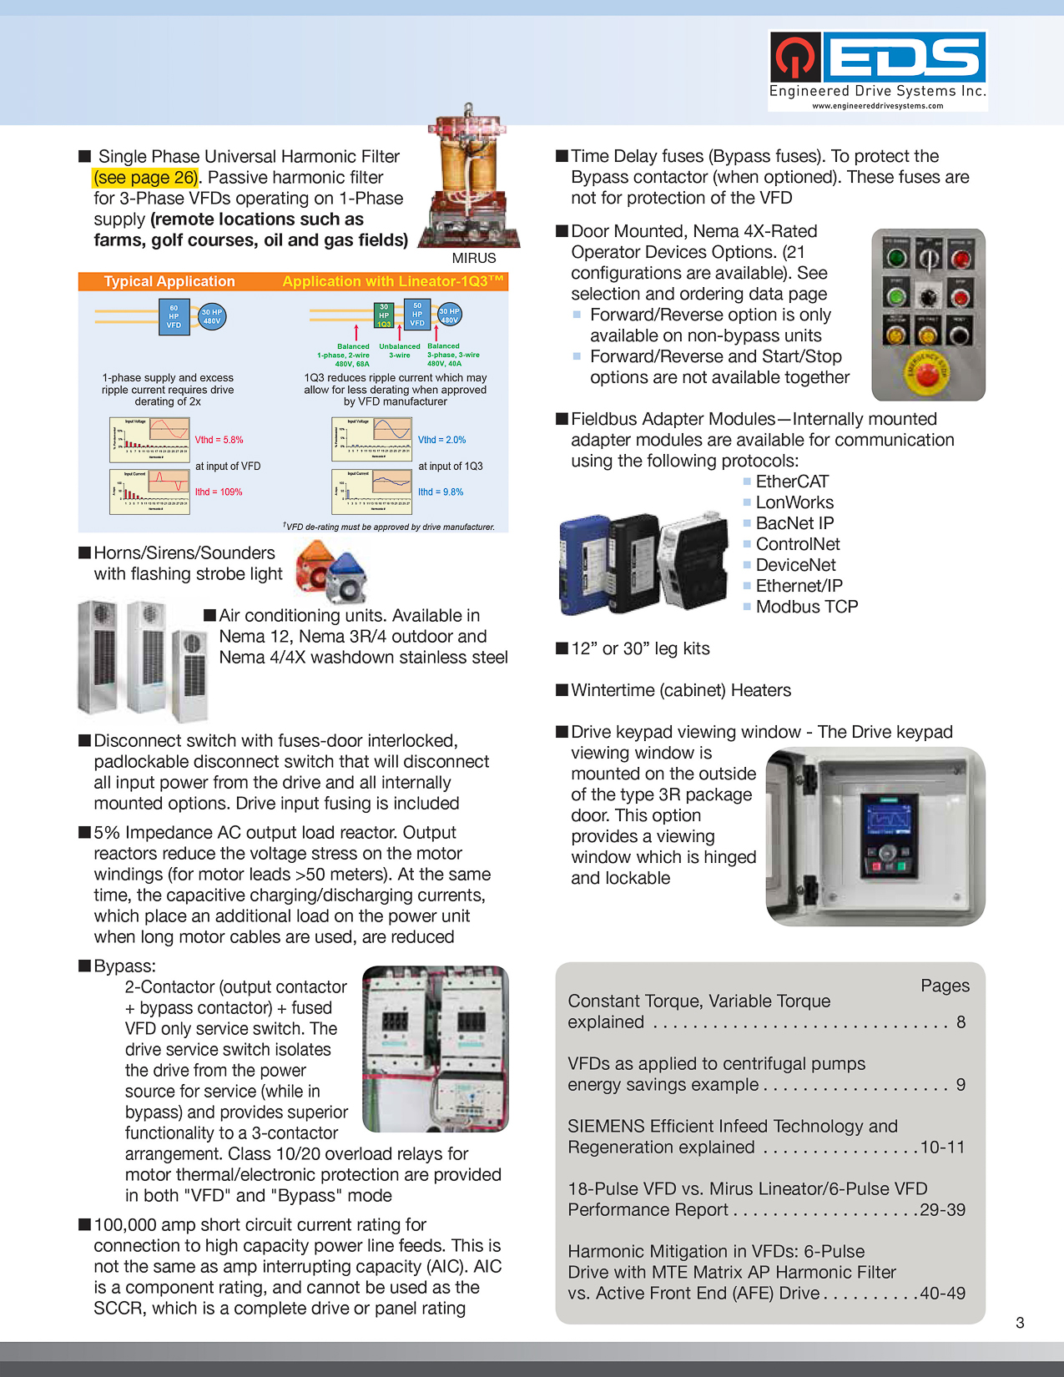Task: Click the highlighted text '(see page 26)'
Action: pos(146,178)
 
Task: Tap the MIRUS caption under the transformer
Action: pos(473,259)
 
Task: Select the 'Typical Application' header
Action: pos(169,282)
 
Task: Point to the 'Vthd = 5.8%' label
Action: pos(219,440)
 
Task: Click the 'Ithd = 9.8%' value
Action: pos(441,492)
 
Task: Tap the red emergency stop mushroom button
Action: pos(926,373)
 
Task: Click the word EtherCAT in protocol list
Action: pos(792,482)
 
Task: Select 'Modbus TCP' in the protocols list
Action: pos(806,607)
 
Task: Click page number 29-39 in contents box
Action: pos(942,1210)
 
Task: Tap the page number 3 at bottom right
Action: pos(1020,1323)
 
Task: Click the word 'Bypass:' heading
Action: pos(124,966)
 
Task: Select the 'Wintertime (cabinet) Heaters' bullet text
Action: pos(680,690)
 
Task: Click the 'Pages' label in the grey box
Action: pos(945,986)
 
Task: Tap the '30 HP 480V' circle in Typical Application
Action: pos(212,316)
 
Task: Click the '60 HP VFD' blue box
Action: pos(174,317)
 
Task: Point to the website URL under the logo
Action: pos(877,106)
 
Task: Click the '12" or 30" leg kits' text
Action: pos(640,648)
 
